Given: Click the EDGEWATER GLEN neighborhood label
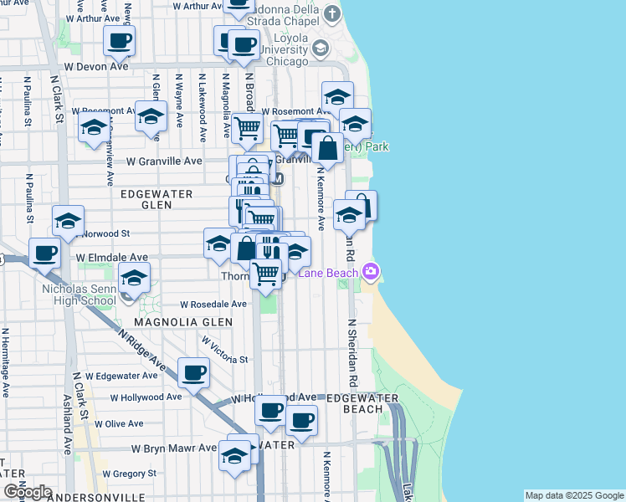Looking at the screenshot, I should [156, 194].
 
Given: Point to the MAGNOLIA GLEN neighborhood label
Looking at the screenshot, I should [177, 321].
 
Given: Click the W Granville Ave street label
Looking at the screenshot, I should [164, 161].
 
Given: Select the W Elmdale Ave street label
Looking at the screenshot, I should [111, 258].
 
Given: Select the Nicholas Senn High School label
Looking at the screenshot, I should [79, 295].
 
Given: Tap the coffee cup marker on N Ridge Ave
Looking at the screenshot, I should [194, 371].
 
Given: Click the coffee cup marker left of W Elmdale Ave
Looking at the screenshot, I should [44, 251].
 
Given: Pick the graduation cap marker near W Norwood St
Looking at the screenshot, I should [68, 220].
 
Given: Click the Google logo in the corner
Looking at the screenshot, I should [27, 492].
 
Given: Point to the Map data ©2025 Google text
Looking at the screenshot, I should [574, 495].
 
